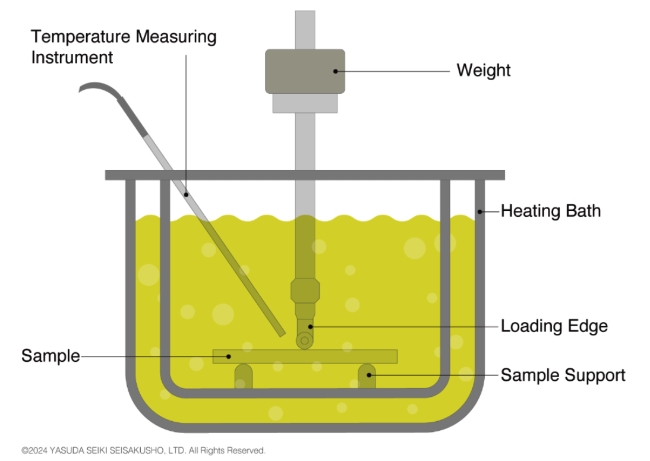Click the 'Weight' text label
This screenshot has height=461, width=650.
483,70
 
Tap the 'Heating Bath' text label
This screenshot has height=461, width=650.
550,211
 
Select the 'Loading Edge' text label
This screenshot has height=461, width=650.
554,326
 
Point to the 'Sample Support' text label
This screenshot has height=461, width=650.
563,375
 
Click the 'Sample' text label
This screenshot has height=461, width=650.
51,356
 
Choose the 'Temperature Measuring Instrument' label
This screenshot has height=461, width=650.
124,47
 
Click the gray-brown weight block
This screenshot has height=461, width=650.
305,71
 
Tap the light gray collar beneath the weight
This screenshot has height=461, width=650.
305,103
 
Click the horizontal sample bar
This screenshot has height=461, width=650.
305,356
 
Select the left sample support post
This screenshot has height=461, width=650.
243,375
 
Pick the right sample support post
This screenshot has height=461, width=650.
367,375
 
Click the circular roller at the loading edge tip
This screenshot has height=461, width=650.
305,340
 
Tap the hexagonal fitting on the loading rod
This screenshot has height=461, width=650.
305,291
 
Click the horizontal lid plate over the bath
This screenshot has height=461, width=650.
305,175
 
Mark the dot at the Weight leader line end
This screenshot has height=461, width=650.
336,71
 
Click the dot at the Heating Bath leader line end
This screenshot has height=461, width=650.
479,211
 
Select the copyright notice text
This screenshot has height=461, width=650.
143,450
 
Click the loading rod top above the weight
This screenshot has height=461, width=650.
305,27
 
